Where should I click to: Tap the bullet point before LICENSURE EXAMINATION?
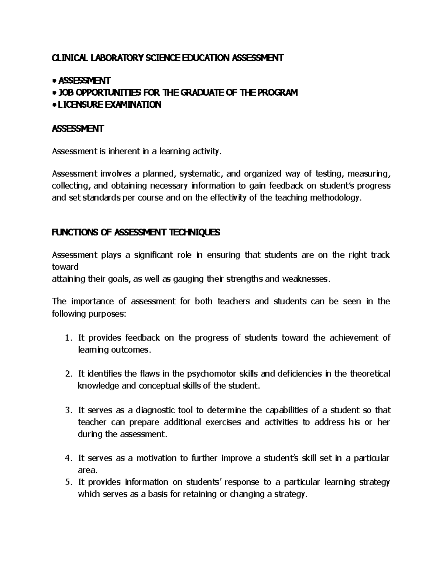point(54,105)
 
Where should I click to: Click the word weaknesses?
point(305,279)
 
